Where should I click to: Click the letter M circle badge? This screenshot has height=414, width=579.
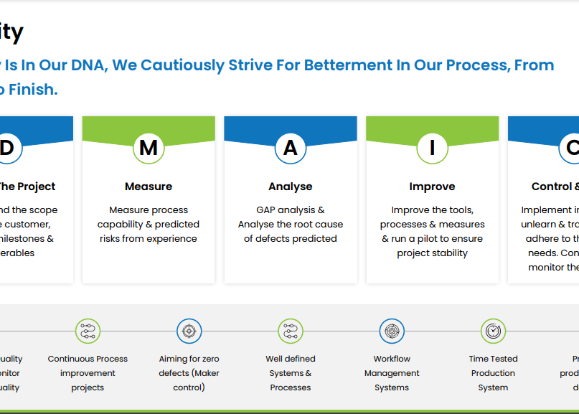pos(149,148)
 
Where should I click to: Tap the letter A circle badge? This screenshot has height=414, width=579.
pos(291,148)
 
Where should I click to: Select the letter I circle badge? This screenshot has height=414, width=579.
pos(432,148)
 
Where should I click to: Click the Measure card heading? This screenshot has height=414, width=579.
pos(149,187)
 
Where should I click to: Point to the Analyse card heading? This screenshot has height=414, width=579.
pos(291,187)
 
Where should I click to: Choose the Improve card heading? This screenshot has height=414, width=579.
pos(432,187)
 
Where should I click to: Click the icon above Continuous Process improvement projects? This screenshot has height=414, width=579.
pos(88,331)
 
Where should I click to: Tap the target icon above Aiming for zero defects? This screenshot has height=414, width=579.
pos(189,331)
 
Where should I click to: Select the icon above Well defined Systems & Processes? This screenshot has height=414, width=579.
pos(291,331)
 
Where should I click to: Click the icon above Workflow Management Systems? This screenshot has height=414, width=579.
pos(392,331)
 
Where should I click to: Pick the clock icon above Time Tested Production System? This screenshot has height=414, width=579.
pos(493,331)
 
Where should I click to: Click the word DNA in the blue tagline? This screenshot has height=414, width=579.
pos(88,65)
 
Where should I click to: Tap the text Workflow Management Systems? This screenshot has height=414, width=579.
pos(392,373)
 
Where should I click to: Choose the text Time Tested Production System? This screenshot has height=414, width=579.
pos(493,373)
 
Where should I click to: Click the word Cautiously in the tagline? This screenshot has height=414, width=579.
pos(182,65)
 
